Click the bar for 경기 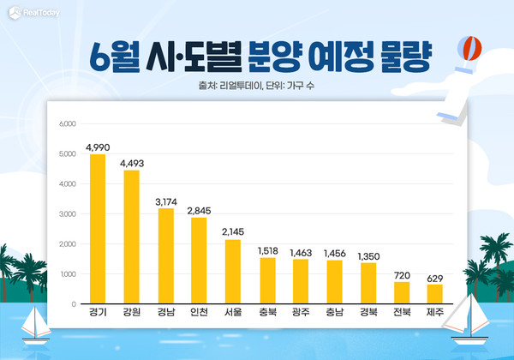(98, 229)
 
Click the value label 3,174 (164, 201)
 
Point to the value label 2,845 (199, 211)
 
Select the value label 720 (400, 275)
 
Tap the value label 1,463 (300, 253)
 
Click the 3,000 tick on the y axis (67, 214)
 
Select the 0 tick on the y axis (74, 304)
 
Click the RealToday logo (32, 13)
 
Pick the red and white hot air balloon (467, 49)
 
